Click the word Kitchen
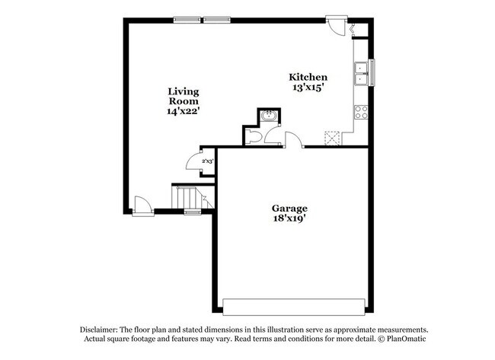coord(308,77)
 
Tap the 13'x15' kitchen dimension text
coord(308,88)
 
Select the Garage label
coord(289,208)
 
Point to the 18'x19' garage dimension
coord(289,219)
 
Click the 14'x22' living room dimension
coord(184,111)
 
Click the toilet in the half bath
coord(255,136)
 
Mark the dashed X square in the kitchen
coord(331,138)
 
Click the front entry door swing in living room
coord(141,203)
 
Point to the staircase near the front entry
coord(189,199)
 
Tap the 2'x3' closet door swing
coord(193,161)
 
